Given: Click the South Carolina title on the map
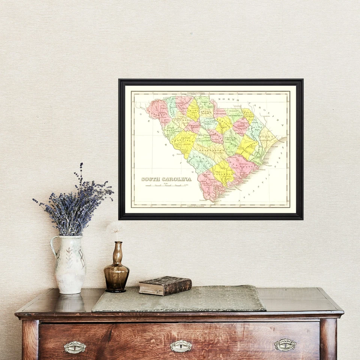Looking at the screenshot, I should pyautogui.click(x=166, y=179).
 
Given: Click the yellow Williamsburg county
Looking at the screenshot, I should pyautogui.click(x=247, y=146).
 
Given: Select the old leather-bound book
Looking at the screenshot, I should pyautogui.click(x=165, y=285).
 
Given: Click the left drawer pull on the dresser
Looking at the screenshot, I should pyautogui.click(x=75, y=347).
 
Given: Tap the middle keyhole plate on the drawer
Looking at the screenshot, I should pyautogui.click(x=181, y=346).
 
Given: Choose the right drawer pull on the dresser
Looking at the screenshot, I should pyautogui.click(x=285, y=345).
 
